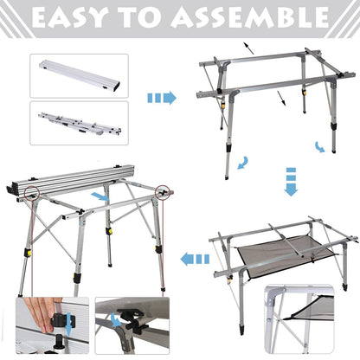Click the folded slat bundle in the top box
[x=78, y=74]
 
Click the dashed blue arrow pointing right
[x=161, y=98]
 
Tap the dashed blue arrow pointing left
[x=196, y=257]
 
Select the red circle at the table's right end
[x=164, y=190]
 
